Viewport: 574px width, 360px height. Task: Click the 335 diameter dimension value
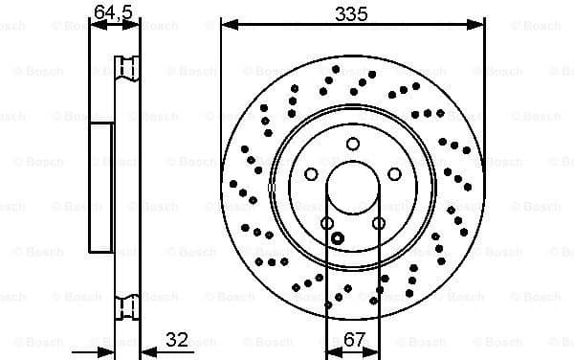click(x=352, y=12)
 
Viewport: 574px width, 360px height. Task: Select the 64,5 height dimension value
click(x=113, y=11)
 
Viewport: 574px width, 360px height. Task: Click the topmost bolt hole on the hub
click(x=352, y=144)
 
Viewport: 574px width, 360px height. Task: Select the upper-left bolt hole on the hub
click(x=311, y=174)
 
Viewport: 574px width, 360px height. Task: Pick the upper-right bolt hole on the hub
click(x=393, y=174)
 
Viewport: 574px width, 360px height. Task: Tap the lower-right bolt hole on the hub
click(x=378, y=223)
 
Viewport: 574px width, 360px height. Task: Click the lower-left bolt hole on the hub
click(x=326, y=223)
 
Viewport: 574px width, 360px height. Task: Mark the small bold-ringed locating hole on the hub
click(x=337, y=236)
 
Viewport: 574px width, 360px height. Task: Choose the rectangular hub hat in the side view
click(x=101, y=188)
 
